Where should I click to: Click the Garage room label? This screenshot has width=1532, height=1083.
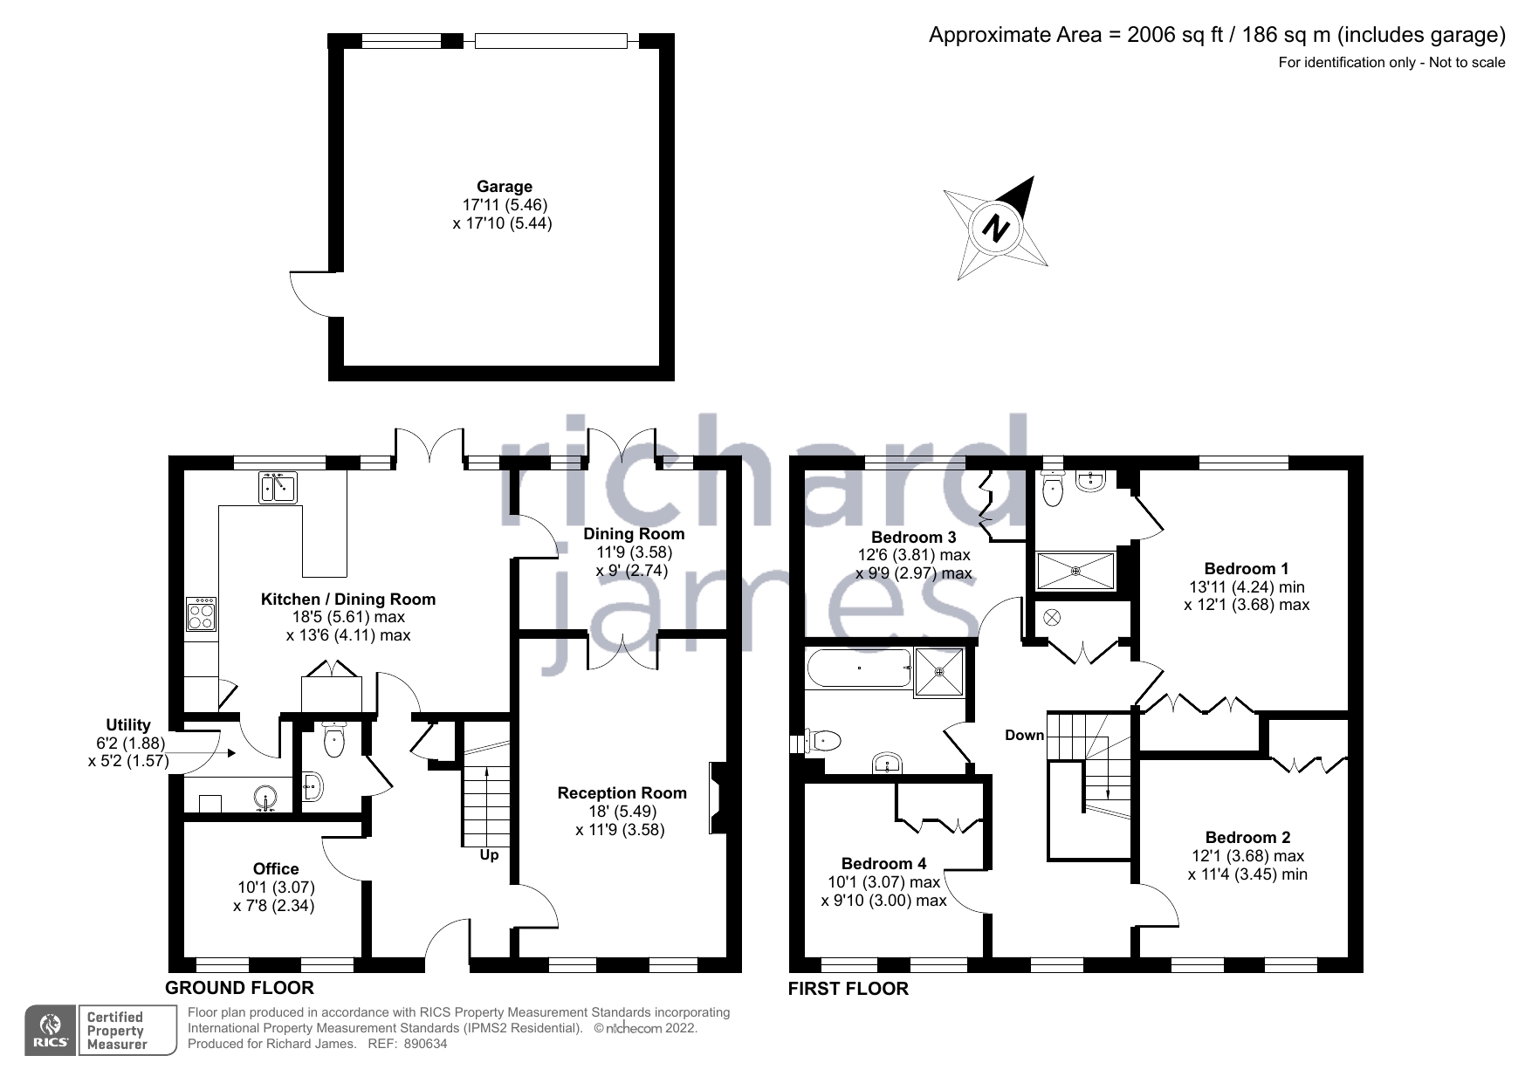504,186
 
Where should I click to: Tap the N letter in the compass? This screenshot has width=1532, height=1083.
995,230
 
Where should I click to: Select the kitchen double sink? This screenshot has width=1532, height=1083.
278,487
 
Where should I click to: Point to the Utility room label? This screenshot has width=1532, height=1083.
128,724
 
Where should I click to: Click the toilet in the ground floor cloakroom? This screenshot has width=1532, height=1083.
334,741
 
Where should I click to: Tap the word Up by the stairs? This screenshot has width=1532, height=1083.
489,854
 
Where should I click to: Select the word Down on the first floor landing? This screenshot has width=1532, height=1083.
1024,735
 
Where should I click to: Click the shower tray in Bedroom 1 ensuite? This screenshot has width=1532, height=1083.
1075,571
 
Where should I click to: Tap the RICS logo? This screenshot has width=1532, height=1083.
50,1031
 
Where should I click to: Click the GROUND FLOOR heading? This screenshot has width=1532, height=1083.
239,988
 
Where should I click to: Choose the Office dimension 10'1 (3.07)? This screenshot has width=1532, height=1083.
276,887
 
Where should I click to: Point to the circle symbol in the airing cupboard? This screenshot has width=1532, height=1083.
1052,618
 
